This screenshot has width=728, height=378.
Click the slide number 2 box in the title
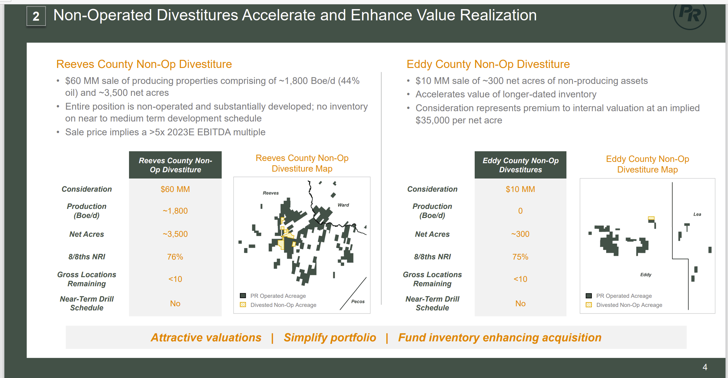pyautogui.click(x=36, y=16)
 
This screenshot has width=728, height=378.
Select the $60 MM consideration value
pyautogui.click(x=175, y=189)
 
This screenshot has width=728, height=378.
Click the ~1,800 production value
pyautogui.click(x=175, y=211)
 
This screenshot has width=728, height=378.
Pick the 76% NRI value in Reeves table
pyautogui.click(x=175, y=257)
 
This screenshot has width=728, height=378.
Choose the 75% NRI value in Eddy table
pyautogui.click(x=520, y=257)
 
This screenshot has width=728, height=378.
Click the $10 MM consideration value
pyautogui.click(x=520, y=189)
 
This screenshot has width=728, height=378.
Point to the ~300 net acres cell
pyautogui.click(x=520, y=234)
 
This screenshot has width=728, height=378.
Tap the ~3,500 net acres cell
pyautogui.click(x=175, y=234)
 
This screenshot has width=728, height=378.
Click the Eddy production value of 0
pyautogui.click(x=520, y=211)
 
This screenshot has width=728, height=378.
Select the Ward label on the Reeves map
pyautogui.click(x=343, y=205)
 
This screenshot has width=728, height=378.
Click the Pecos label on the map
pyautogui.click(x=358, y=301)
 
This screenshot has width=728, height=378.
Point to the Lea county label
pyautogui.click(x=697, y=214)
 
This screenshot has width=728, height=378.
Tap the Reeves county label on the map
pyautogui.click(x=271, y=193)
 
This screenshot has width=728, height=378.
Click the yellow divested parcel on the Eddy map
pyautogui.click(x=651, y=218)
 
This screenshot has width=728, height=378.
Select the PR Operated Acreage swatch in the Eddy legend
pyautogui.click(x=589, y=296)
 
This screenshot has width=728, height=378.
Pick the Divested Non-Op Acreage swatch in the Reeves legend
pyautogui.click(x=243, y=305)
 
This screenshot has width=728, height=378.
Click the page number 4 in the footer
pyautogui.click(x=705, y=367)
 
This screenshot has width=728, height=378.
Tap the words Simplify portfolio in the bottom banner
pyautogui.click(x=330, y=338)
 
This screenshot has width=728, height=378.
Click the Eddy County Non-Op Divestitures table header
pyautogui.click(x=520, y=165)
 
